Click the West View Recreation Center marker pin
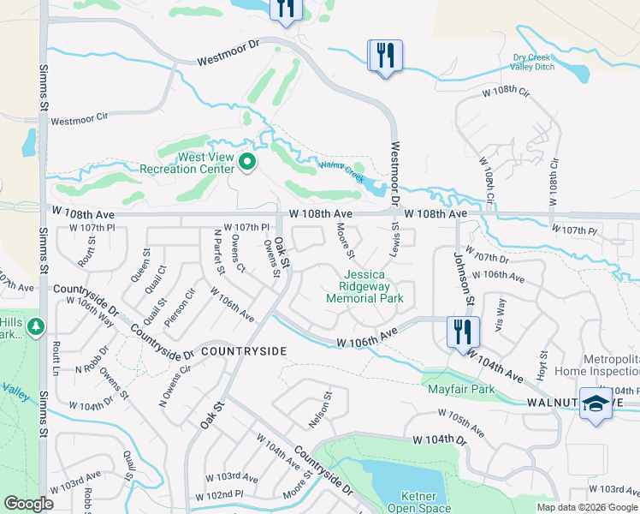[247, 160]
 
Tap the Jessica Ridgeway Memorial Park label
[364, 286]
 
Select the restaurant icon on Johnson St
[463, 331]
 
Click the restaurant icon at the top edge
[285, 8]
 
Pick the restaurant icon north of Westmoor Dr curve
[385, 56]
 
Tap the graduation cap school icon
[596, 403]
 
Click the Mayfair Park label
[462, 388]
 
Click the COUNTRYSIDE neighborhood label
[243, 351]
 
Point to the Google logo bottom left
[28, 504]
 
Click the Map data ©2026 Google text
[587, 507]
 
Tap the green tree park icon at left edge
[35, 326]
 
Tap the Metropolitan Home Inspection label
[599, 364]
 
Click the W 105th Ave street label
[460, 423]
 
